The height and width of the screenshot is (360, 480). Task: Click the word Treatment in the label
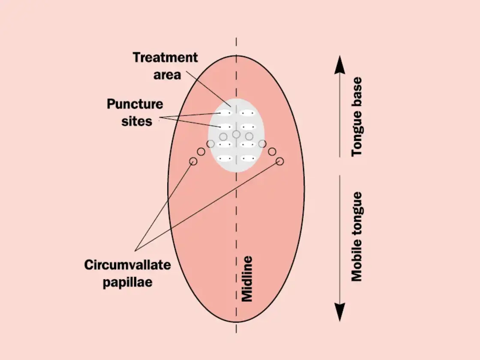[x=165, y=57]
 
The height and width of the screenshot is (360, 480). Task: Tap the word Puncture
[x=135, y=104]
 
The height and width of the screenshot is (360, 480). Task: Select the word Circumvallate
[x=127, y=265]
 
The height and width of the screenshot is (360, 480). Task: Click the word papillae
[x=127, y=282]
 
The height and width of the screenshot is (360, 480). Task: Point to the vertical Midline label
[x=247, y=279]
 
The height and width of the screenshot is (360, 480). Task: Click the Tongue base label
[x=357, y=117]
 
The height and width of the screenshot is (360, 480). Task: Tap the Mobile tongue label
[x=357, y=236]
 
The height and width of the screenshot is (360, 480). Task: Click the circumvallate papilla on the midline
[x=236, y=134]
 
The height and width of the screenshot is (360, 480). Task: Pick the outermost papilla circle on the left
[x=193, y=161]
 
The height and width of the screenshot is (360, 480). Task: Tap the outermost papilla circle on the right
[x=280, y=161]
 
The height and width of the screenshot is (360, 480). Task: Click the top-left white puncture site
[x=225, y=113]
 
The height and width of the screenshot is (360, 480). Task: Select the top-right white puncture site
[x=247, y=113]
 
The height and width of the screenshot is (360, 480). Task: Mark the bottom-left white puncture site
[x=225, y=158]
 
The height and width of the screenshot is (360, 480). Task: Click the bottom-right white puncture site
[x=247, y=158]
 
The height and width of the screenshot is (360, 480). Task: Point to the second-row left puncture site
[x=225, y=127]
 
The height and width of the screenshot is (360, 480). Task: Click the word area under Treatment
[x=168, y=74]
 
